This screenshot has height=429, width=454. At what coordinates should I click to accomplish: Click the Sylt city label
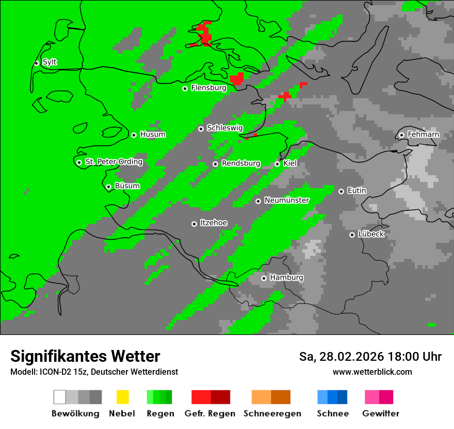pyautogui.click(x=50, y=63)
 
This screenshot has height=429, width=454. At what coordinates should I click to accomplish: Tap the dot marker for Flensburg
pyautogui.click(x=185, y=88)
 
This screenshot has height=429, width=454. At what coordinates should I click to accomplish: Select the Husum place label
pyautogui.click(x=153, y=135)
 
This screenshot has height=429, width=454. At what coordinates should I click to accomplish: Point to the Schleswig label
pyautogui.click(x=224, y=128)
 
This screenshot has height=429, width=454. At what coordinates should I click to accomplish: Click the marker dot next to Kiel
pyautogui.click(x=277, y=164)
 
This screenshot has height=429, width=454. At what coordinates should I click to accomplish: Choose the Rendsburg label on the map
pyautogui.click(x=241, y=164)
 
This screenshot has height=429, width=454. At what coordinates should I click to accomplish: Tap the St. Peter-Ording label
pyautogui.click(x=113, y=162)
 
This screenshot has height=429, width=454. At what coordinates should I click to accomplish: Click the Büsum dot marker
pyautogui.click(x=108, y=187)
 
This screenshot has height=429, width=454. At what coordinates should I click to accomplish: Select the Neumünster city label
pyautogui.click(x=287, y=201)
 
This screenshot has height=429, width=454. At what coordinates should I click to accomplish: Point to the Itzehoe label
pyautogui.click(x=214, y=223)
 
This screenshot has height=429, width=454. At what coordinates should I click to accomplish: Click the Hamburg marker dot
pyautogui.click(x=264, y=278)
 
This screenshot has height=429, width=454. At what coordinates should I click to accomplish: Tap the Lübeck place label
pyautogui.click(x=371, y=235)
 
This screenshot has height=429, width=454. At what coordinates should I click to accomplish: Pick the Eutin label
pyautogui.click(x=356, y=191)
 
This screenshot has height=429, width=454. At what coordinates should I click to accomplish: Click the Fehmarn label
pyautogui.click(x=423, y=135)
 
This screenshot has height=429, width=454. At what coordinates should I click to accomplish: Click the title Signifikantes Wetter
pyautogui.click(x=85, y=356)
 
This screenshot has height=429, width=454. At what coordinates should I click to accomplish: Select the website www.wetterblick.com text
pyautogui.click(x=372, y=372)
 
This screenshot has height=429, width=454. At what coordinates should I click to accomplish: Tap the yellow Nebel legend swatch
pyautogui.click(x=122, y=397)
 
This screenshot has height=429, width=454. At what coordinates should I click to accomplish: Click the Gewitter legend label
pyautogui.click(x=381, y=413)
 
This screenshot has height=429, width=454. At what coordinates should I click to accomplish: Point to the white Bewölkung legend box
pyautogui.click(x=59, y=397)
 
